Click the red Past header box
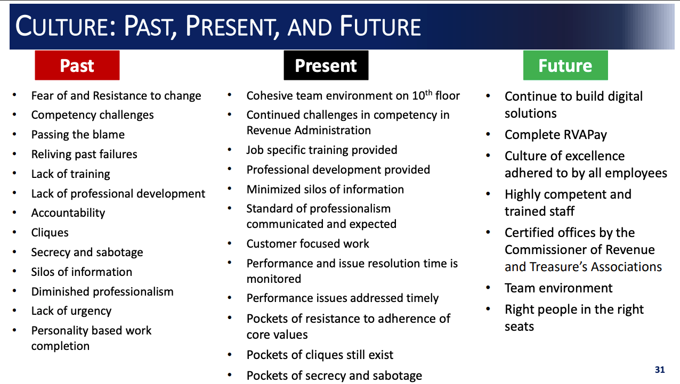(77, 65)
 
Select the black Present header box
(326, 65)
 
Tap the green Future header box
(565, 65)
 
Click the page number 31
(660, 370)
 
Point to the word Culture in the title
(66, 26)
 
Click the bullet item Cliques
(50, 233)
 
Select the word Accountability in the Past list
(68, 213)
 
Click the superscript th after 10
(428, 93)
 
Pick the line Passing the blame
(78, 135)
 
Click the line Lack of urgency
(71, 311)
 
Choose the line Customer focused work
(307, 243)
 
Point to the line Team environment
(558, 288)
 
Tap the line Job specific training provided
(322, 150)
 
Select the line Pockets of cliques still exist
(320, 355)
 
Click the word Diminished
(60, 291)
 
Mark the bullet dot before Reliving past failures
(14, 153)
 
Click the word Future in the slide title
(381, 26)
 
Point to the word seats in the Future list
(519, 326)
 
